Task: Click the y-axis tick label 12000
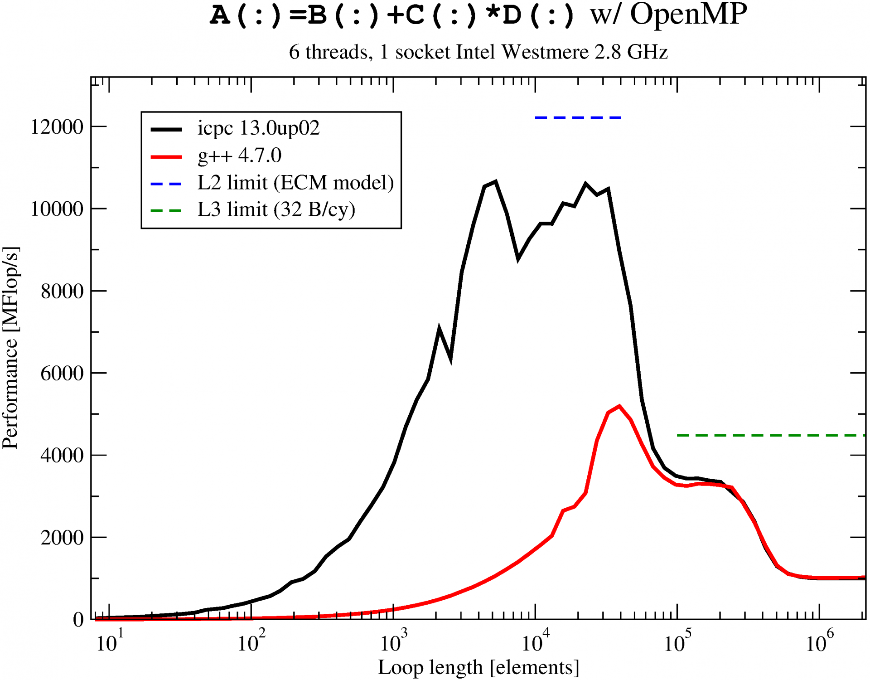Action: tap(57, 127)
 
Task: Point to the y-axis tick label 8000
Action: tap(63, 291)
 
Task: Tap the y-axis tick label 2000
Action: tap(63, 538)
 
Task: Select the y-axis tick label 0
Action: tap(78, 620)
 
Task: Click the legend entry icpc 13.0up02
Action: tap(258, 128)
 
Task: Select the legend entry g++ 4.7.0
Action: tap(239, 155)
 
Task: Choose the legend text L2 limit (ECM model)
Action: tap(295, 183)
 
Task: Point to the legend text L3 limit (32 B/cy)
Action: tap(276, 209)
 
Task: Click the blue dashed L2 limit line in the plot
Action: tap(578, 118)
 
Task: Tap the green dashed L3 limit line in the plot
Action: tap(770, 436)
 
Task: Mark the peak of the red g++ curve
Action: tap(619, 406)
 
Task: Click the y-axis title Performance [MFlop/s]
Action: tap(10, 348)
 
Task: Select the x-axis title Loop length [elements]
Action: tap(478, 668)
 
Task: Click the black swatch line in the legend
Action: tap(166, 130)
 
